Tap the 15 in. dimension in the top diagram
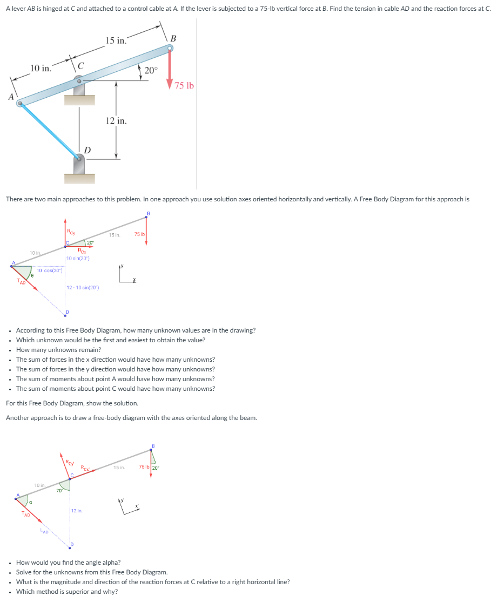(x=116, y=40)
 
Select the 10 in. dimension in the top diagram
(x=41, y=68)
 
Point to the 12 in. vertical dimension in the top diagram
(x=116, y=121)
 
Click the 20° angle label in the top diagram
(x=151, y=70)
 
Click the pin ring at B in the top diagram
(x=170, y=49)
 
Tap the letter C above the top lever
(x=80, y=66)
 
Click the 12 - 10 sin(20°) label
(x=83, y=288)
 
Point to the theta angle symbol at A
(x=31, y=275)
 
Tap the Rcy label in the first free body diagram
(x=71, y=232)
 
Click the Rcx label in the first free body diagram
(x=82, y=251)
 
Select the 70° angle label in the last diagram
(x=59, y=490)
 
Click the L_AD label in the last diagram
(x=45, y=532)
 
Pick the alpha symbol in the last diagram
(x=30, y=502)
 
